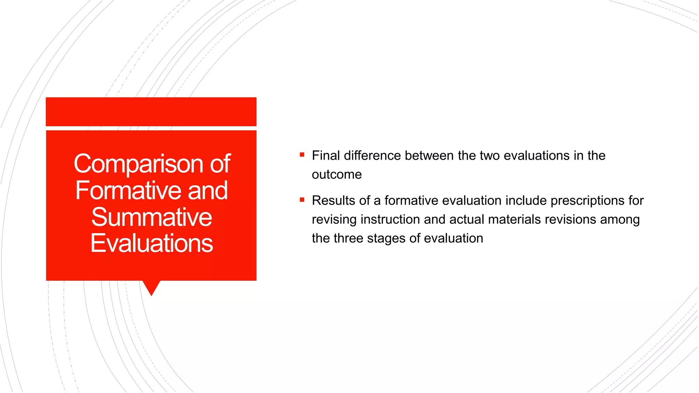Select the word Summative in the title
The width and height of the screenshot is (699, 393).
point(152,217)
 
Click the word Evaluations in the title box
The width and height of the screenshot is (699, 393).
point(152,243)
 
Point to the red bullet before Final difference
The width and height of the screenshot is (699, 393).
point(302,155)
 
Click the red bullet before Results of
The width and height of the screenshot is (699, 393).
point(302,200)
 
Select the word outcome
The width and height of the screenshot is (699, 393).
point(337,175)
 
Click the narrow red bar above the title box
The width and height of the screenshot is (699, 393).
point(151,112)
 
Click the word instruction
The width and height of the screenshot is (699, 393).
point(390,219)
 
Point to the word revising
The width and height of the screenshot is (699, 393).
point(334,219)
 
